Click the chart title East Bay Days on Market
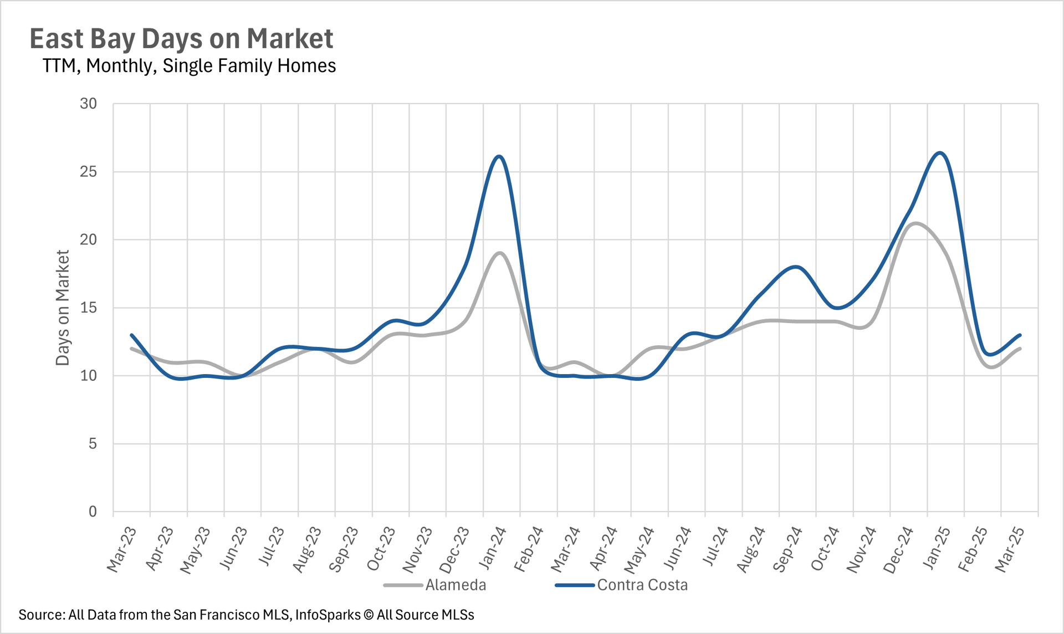(181, 39)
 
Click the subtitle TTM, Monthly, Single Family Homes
(189, 66)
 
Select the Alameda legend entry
(455, 585)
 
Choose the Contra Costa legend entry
(642, 585)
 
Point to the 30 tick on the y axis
(88, 104)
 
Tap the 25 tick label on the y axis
(88, 172)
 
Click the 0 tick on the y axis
(93, 512)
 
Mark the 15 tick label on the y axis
(88, 308)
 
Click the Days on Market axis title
(63, 308)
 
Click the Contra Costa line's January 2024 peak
(500, 156)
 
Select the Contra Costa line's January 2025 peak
(940, 152)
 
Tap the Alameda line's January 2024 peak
(500, 253)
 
